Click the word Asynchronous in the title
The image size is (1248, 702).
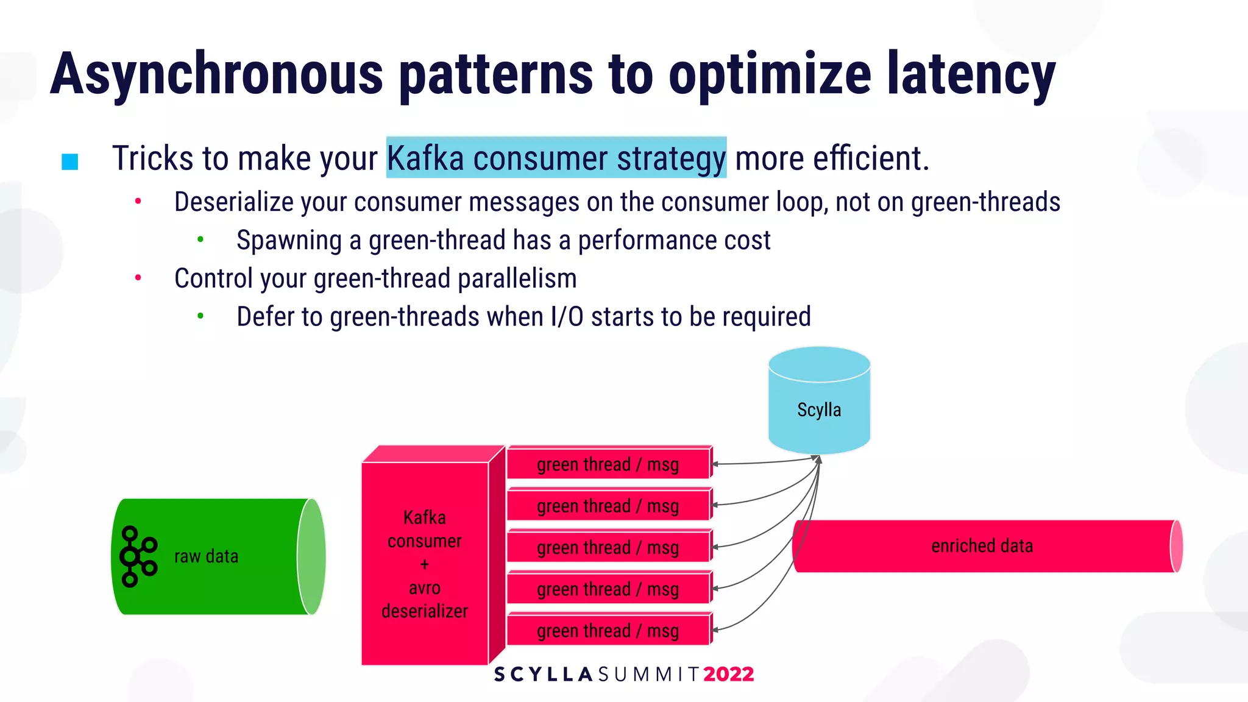click(216, 74)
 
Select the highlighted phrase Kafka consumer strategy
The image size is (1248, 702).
click(556, 158)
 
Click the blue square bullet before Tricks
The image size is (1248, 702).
click(70, 161)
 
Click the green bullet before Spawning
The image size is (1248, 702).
click(200, 240)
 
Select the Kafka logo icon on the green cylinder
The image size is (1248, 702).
click(138, 556)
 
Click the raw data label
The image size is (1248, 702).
click(206, 556)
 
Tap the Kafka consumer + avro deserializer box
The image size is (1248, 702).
click(425, 564)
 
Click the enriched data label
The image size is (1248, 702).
click(982, 546)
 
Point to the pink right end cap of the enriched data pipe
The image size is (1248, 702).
click(1177, 546)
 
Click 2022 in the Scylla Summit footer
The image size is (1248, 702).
click(728, 674)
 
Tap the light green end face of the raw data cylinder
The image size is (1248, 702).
click(311, 556)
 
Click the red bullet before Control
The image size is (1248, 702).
click(138, 278)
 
